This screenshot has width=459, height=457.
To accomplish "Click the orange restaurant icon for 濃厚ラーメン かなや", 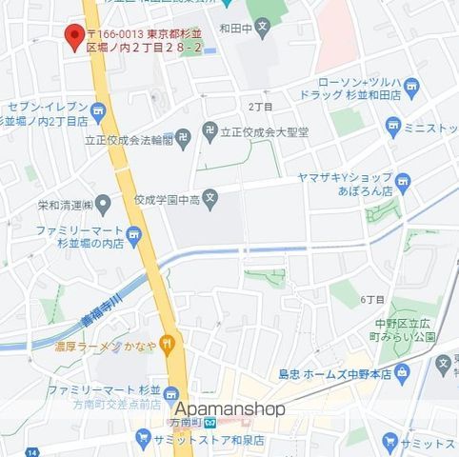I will click(x=168, y=341).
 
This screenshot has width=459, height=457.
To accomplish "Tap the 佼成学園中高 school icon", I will click(x=211, y=199).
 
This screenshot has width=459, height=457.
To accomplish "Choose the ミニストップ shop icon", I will click(x=392, y=126).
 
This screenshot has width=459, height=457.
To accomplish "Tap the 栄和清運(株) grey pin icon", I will click(x=103, y=203).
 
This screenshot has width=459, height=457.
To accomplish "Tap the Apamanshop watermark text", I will click(x=230, y=408).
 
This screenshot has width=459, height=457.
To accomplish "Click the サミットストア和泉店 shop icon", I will click(x=143, y=440).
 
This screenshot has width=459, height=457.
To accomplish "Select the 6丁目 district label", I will click(x=372, y=299).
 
